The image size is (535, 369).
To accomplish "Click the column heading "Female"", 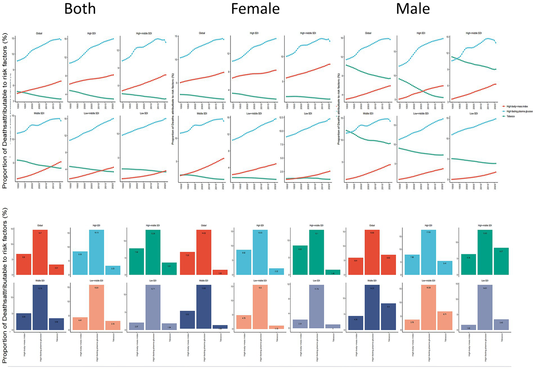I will click(255, 9).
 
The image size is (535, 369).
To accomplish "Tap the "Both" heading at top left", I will click(80, 9).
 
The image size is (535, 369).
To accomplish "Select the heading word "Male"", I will click(413, 9).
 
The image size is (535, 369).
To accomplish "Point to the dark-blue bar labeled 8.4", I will click(388, 316).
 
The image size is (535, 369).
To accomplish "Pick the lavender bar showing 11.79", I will click(316, 307).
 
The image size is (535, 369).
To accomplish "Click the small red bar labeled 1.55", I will click(220, 272).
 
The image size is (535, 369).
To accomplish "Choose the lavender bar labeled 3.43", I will click(501, 325).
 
